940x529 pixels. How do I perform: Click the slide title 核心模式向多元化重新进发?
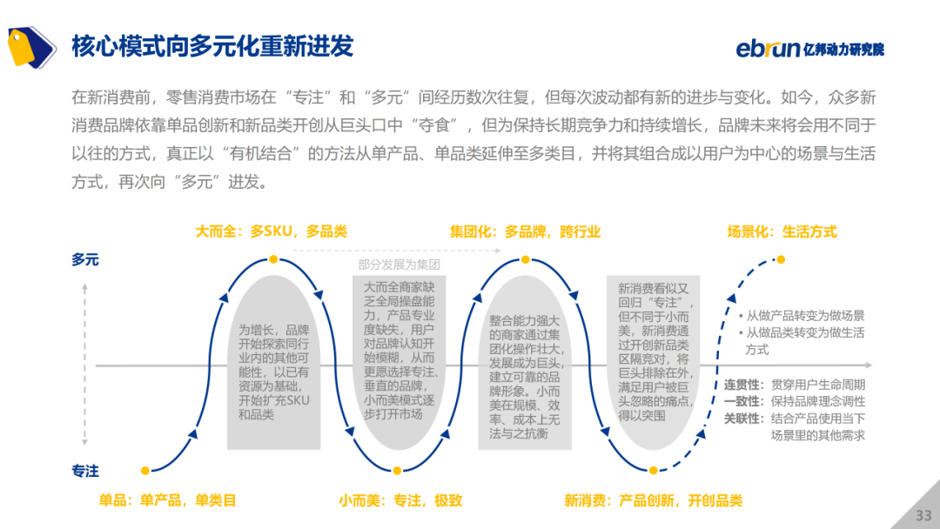pyautogui.click(x=212, y=46)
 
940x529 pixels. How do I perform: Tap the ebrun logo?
pyautogui.click(x=810, y=48)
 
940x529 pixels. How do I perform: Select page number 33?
pyautogui.click(x=923, y=515)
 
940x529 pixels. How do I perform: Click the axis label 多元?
pyautogui.click(x=85, y=259)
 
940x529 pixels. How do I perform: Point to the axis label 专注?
pyautogui.click(x=85, y=471)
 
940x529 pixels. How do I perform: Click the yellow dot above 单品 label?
pyautogui.click(x=145, y=471)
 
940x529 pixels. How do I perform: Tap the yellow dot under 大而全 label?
pyautogui.click(x=273, y=259)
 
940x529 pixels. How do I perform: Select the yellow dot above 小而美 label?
pyautogui.click(x=397, y=471)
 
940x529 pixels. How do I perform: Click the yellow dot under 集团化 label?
pyautogui.click(x=525, y=259)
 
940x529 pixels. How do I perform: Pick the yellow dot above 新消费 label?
pyautogui.click(x=654, y=471)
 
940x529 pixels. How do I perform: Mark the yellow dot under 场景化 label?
pyautogui.click(x=781, y=259)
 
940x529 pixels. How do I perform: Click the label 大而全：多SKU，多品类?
pyautogui.click(x=271, y=231)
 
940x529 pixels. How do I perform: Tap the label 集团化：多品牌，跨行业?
pyautogui.click(x=525, y=231)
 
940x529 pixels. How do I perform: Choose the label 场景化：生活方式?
pyautogui.click(x=782, y=231)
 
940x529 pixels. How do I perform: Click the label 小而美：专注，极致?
pyautogui.click(x=400, y=500)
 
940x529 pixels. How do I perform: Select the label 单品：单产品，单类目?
pyautogui.click(x=167, y=500)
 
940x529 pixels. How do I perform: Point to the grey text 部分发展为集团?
pyautogui.click(x=399, y=264)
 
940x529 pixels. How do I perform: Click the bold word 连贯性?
pyautogui.click(x=742, y=385)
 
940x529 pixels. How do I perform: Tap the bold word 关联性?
pyautogui.click(x=742, y=419)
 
